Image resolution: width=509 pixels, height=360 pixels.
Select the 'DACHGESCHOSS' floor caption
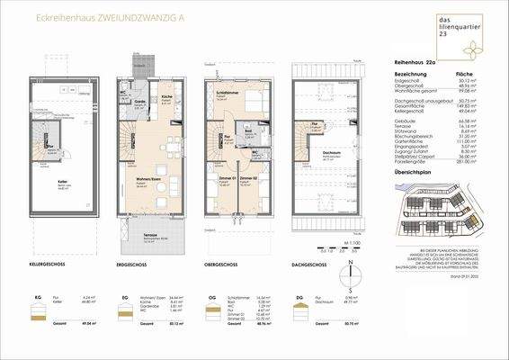point(314,265)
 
